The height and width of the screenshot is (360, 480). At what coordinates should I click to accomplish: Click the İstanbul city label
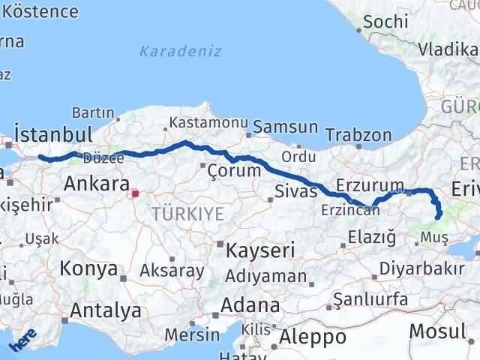tap(52, 135)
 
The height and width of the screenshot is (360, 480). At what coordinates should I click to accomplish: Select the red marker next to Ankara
tap(134, 193)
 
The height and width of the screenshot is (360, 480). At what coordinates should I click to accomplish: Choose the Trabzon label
tap(358, 135)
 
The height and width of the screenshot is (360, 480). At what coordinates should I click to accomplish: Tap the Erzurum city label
tap(370, 184)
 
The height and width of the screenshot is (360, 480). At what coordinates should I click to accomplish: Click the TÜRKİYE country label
tap(187, 214)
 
